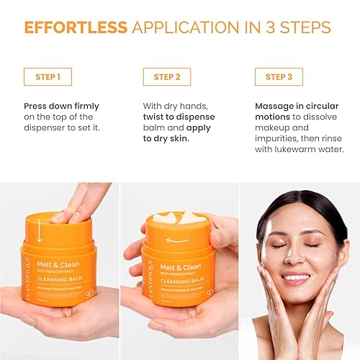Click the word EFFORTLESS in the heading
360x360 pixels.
76,27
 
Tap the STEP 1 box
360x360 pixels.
48,77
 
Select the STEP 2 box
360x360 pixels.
166,77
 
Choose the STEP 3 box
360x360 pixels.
279,77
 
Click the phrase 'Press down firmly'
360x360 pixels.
61,106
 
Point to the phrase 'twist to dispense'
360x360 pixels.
179,117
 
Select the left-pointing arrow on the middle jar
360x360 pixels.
177,240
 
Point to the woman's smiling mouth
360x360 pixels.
297,276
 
